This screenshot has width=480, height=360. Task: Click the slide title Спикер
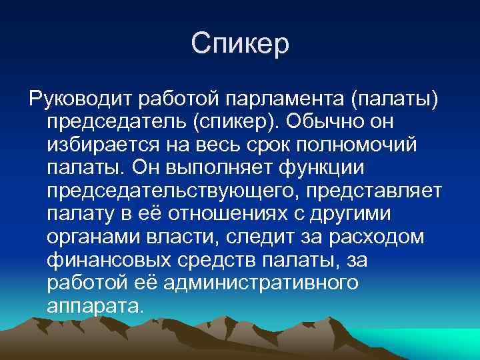tap(240, 44)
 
